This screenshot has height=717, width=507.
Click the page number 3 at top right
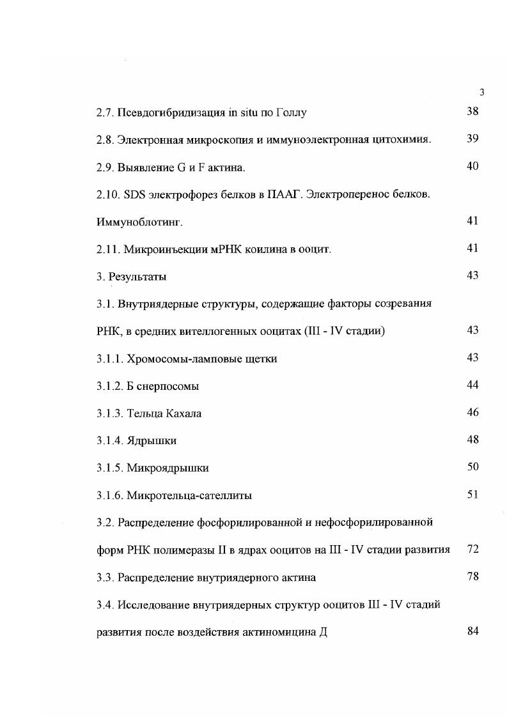click(481, 92)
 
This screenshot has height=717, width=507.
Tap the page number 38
click(472, 111)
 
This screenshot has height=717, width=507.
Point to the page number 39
click(472, 139)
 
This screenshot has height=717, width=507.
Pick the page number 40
click(472, 166)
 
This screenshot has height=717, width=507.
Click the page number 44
click(472, 385)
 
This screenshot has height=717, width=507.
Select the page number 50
click(472, 466)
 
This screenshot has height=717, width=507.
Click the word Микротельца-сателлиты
click(189, 495)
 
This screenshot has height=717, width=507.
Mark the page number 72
click(472, 549)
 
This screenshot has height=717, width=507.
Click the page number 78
click(472, 576)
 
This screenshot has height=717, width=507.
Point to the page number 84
click(472, 631)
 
